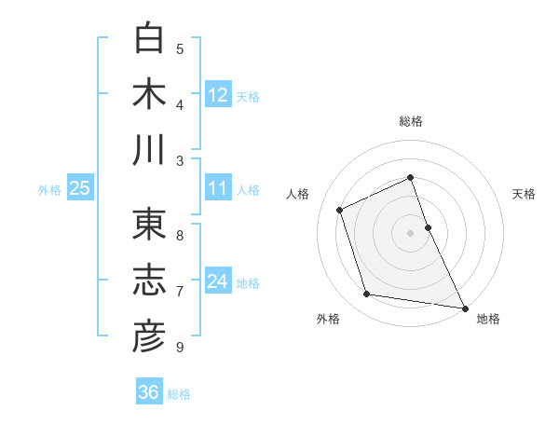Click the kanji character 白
coord(149,38)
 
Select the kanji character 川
coord(149,150)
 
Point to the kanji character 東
coord(149,225)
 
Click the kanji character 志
coord(149,281)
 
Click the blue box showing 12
coord(218,94)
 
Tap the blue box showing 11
coord(218,188)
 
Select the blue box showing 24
coord(218,281)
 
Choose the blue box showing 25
coord(79,188)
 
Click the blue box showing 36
coord(148,392)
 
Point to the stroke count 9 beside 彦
coord(180,348)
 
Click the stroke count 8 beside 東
coord(180,235)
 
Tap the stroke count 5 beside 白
coord(180,49)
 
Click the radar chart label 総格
coord(411,122)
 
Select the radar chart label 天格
coord(524,194)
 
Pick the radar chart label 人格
coord(298,194)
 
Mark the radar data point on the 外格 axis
coord(367,294)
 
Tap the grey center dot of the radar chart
coord(411,233)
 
